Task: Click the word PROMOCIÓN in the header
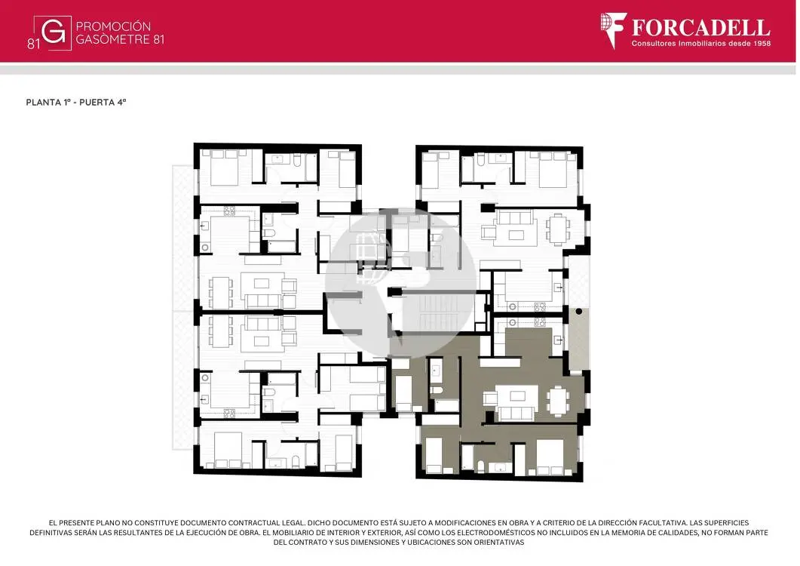click(x=113, y=26)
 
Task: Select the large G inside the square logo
click(x=53, y=32)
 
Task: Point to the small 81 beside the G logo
click(x=33, y=44)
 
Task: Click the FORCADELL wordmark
click(x=701, y=28)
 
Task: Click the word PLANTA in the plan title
click(x=44, y=102)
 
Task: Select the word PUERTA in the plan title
click(x=97, y=102)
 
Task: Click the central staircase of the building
click(x=438, y=312)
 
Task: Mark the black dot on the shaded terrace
click(x=578, y=311)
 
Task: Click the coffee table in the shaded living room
click(x=517, y=395)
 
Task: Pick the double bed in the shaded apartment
click(x=550, y=456)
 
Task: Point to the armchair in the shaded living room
click(x=490, y=398)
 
